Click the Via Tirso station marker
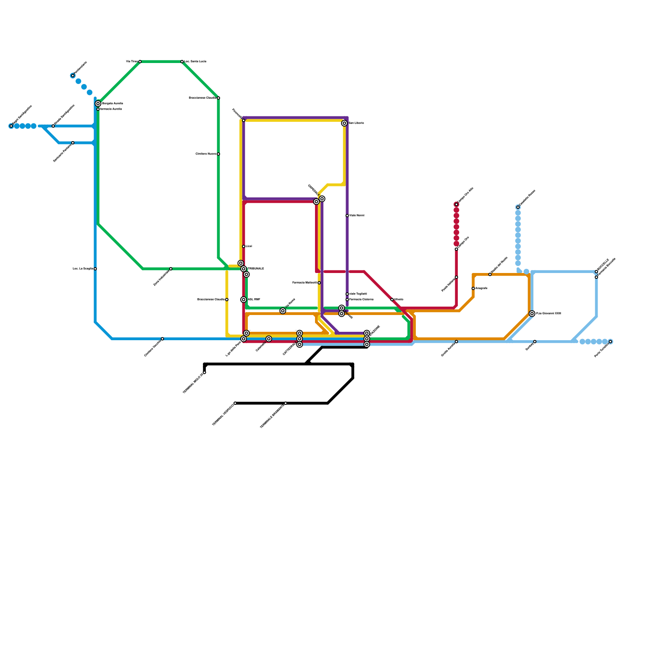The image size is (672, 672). click(x=140, y=62)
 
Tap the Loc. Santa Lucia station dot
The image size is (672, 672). click(x=182, y=62)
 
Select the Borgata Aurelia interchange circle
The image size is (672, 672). click(x=98, y=104)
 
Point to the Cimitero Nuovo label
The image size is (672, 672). click(x=206, y=154)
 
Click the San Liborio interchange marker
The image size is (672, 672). click(x=344, y=123)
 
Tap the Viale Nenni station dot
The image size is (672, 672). click(x=347, y=215)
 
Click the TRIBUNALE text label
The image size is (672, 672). click(x=256, y=269)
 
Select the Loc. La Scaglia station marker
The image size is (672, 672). click(x=95, y=269)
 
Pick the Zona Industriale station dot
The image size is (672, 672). click(x=171, y=269)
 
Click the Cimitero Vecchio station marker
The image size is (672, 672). click(x=163, y=339)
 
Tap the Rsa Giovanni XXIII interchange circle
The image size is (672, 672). click(x=532, y=314)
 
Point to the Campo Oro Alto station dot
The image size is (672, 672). click(x=456, y=205)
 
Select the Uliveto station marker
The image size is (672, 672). click(x=392, y=299)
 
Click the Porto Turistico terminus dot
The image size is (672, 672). click(x=610, y=342)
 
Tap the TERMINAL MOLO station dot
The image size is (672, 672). click(x=205, y=373)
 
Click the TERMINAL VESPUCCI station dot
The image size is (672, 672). click(x=235, y=403)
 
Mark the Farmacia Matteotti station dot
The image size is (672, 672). click(x=319, y=283)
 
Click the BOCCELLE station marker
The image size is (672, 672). click(x=596, y=272)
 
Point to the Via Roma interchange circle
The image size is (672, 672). click(x=283, y=311)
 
